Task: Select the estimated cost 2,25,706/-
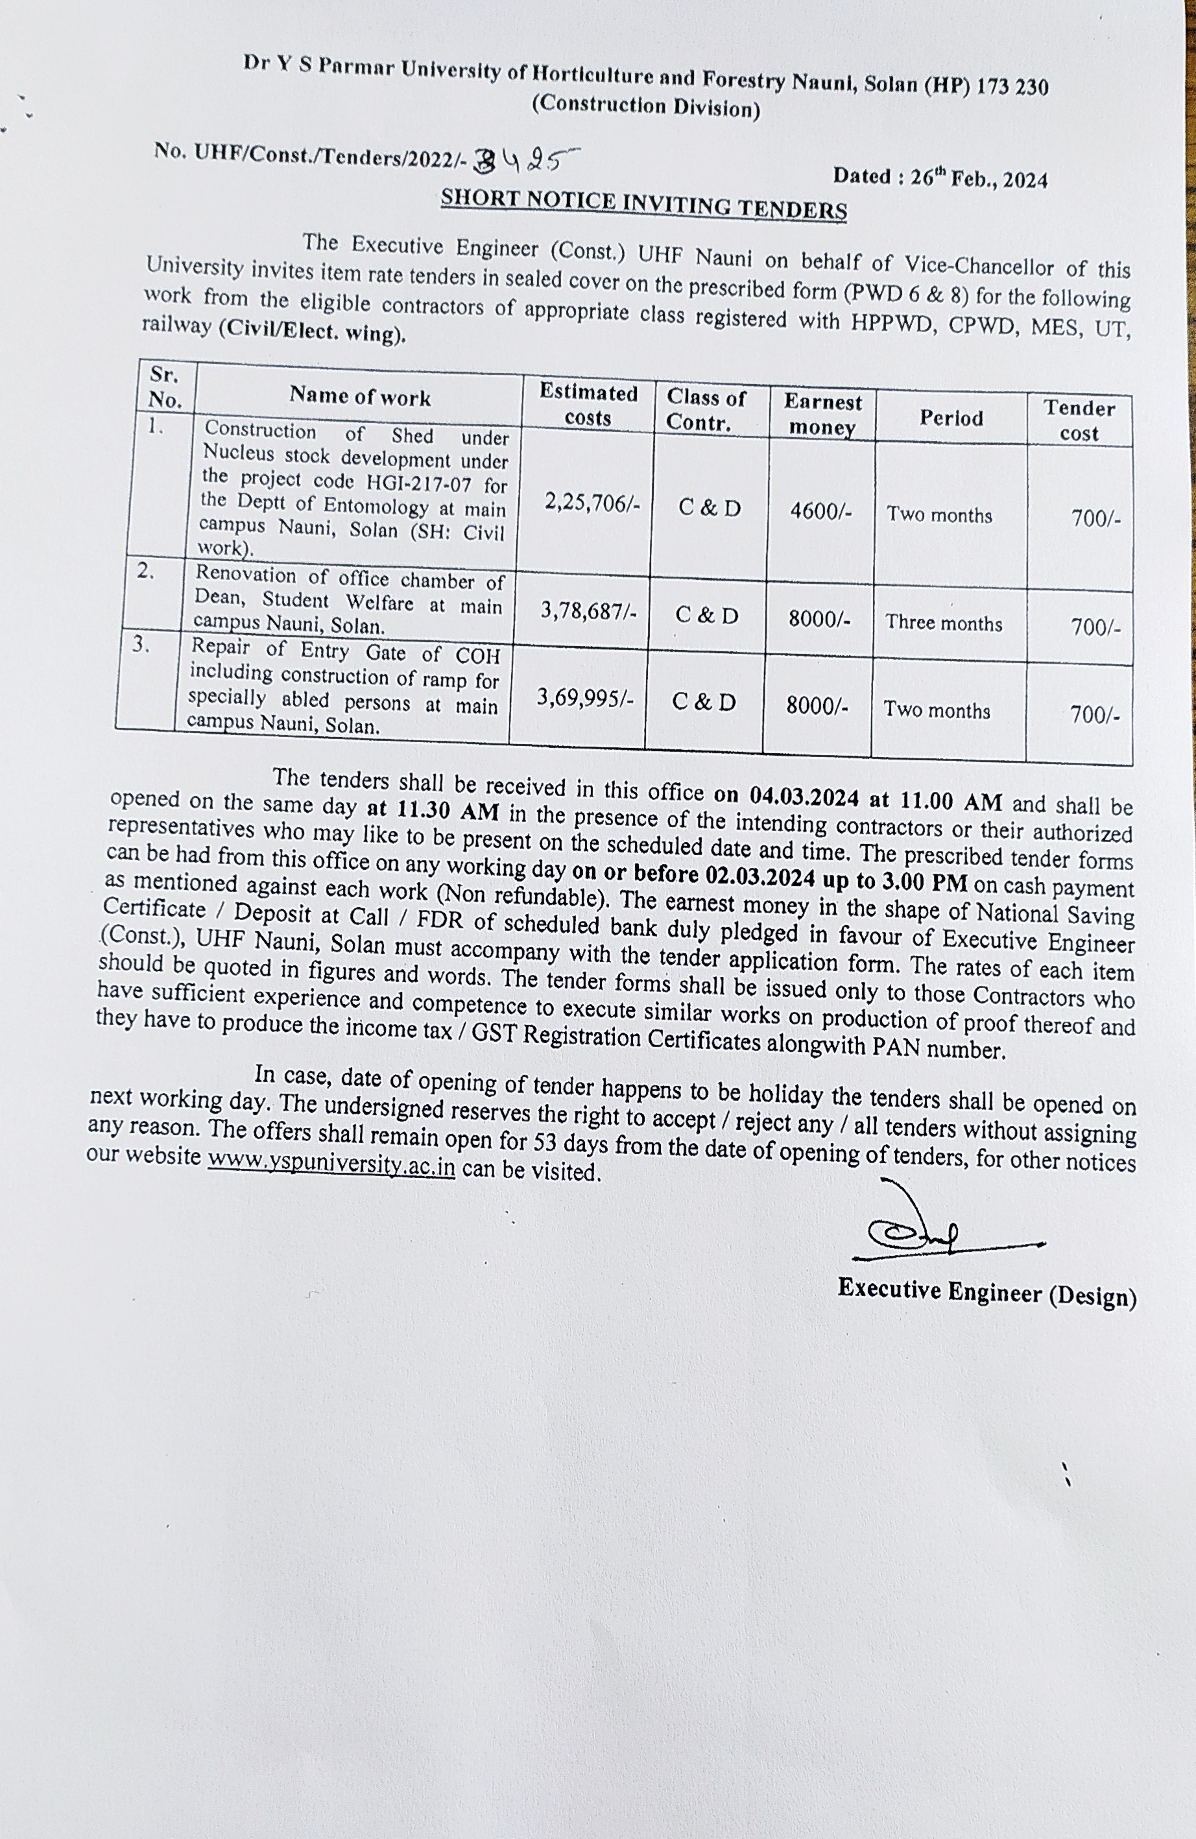(x=592, y=503)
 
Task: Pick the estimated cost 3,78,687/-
(x=589, y=611)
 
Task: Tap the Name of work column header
(x=360, y=396)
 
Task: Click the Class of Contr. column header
(x=706, y=409)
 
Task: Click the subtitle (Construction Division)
(x=645, y=106)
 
